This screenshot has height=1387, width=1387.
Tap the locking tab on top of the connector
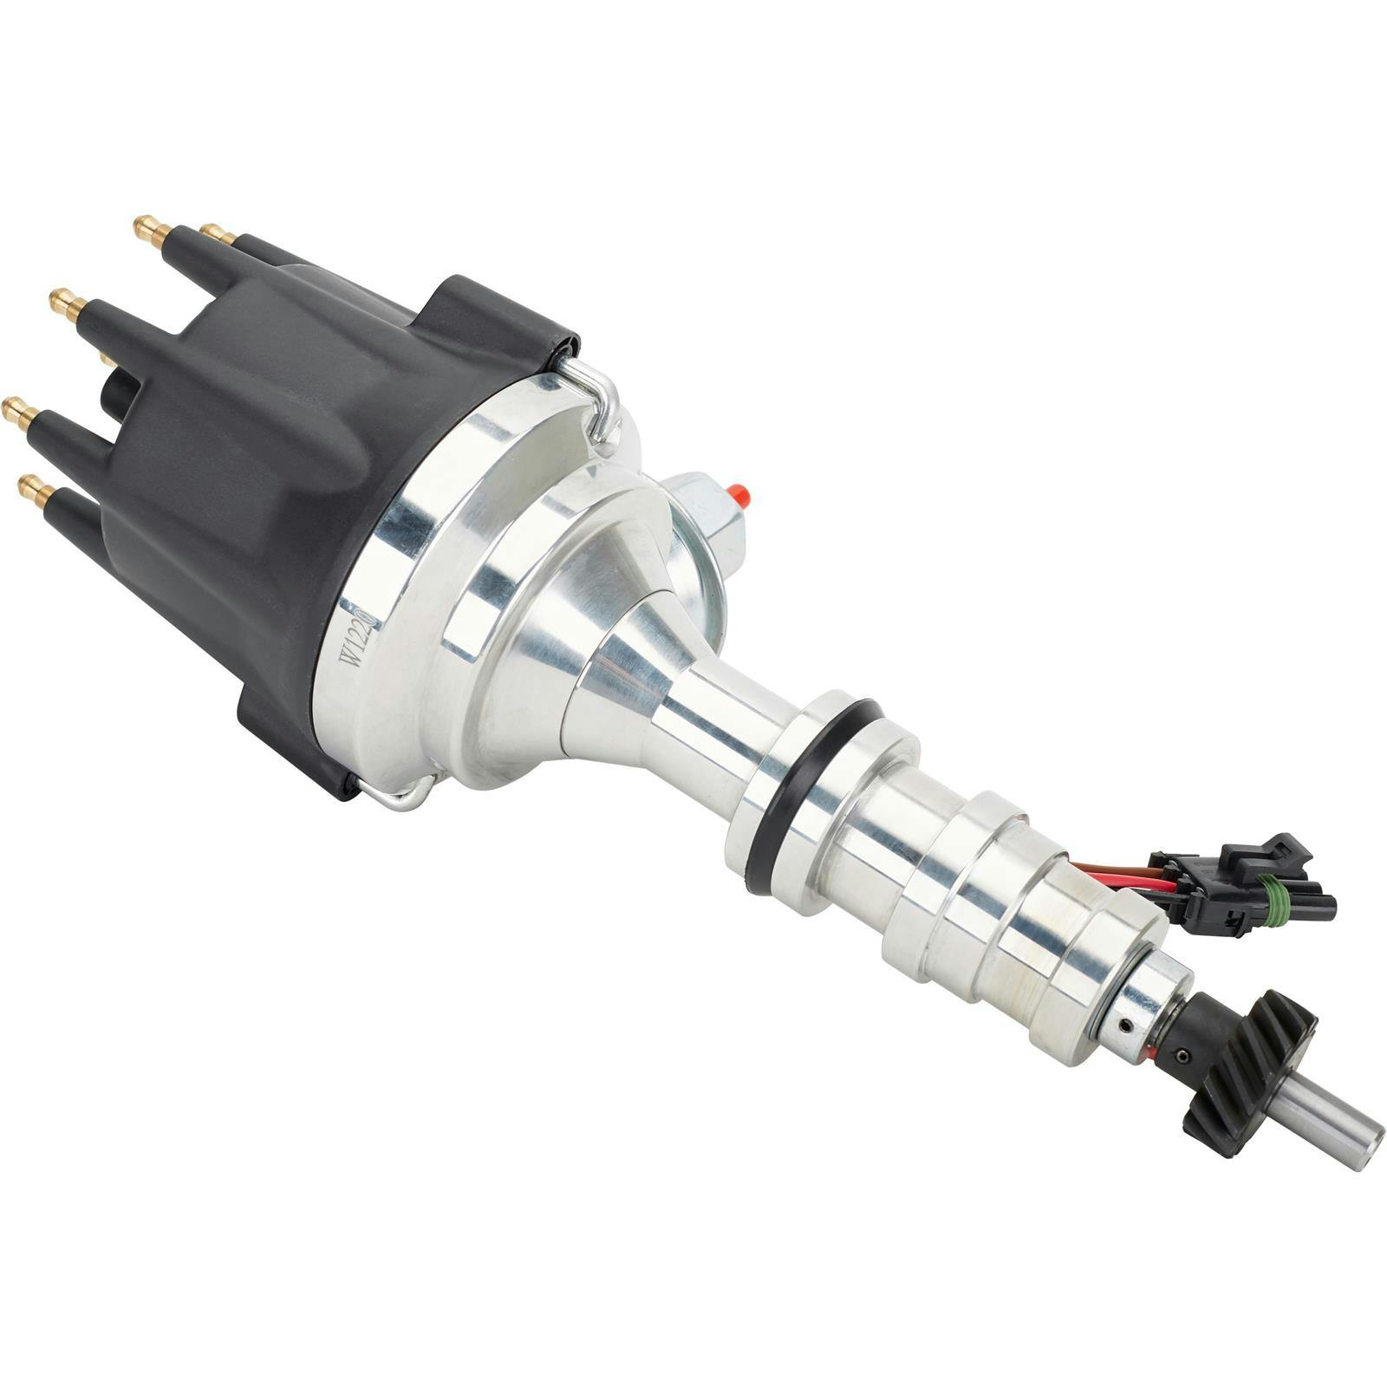(x=1276, y=849)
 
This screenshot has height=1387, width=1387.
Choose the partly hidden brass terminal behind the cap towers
(x=107, y=356)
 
